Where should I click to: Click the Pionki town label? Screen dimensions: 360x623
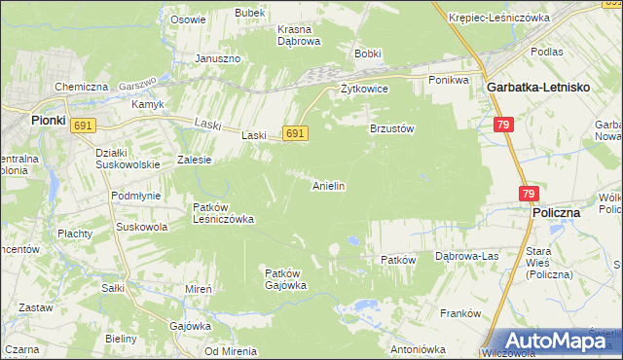click(19, 121)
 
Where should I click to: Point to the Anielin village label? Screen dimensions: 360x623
click(329, 185)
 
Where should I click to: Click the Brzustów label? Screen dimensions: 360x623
click(392, 127)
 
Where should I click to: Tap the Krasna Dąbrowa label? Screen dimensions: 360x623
click(299, 35)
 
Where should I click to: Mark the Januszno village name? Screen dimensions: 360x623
click(217, 58)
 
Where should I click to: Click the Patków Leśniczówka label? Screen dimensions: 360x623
click(223, 213)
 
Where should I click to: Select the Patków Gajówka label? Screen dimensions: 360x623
click(286, 279)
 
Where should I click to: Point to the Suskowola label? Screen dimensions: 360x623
click(142, 227)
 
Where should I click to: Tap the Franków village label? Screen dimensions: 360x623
click(461, 313)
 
